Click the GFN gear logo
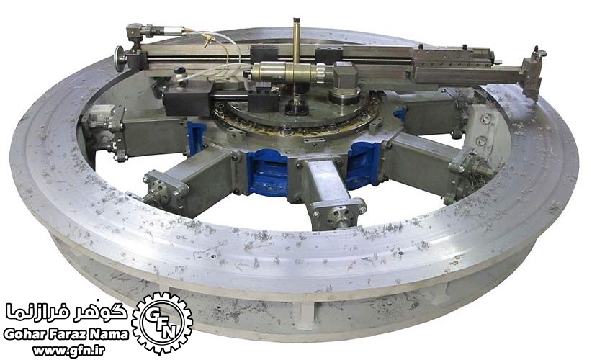(x=162, y=323)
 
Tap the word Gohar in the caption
(x=25, y=334)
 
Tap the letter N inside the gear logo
(x=171, y=331)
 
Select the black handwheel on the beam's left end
(x=120, y=58)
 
